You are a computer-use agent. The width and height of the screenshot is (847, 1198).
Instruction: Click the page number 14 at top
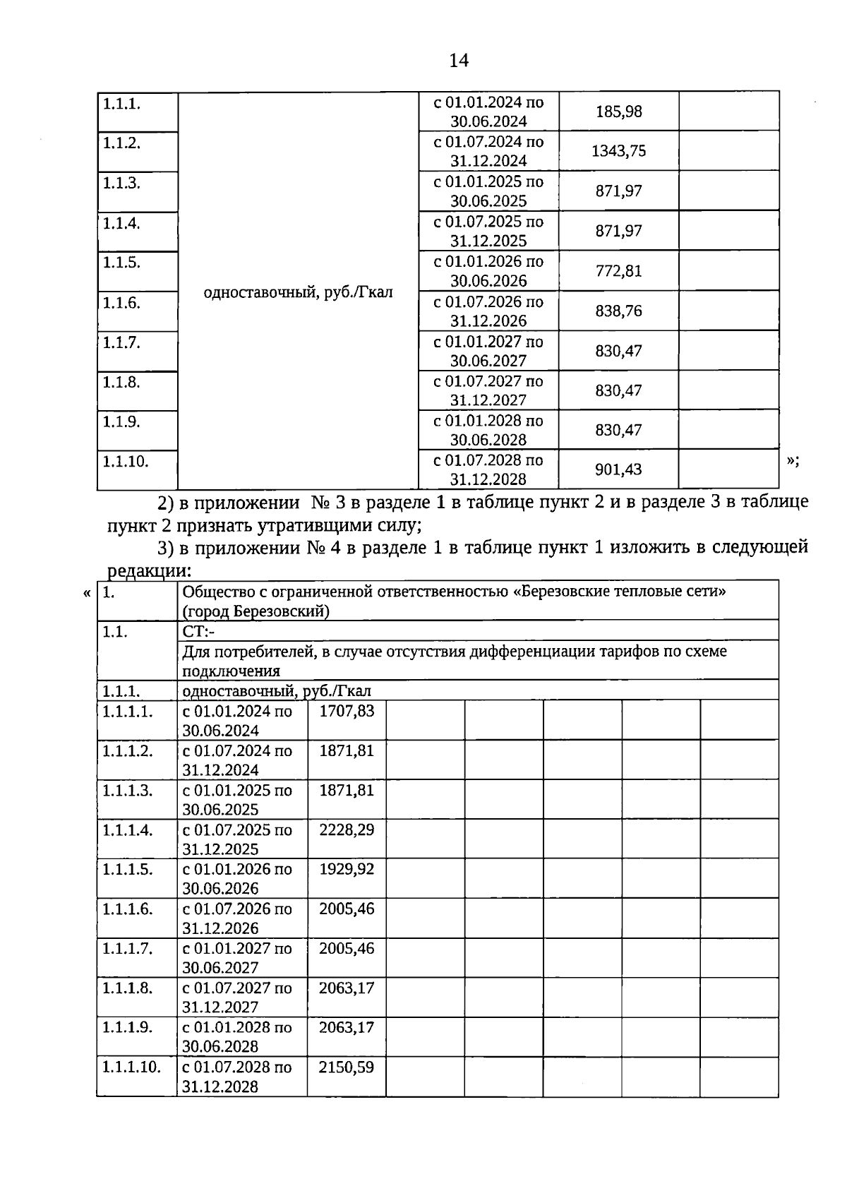(x=458, y=61)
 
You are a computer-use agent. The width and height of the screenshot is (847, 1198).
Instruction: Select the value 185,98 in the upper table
(x=618, y=112)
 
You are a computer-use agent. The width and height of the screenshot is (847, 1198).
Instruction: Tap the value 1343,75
(x=618, y=151)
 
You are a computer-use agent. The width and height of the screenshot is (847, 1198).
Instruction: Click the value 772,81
(x=618, y=271)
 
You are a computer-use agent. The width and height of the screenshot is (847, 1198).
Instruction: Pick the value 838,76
(x=618, y=311)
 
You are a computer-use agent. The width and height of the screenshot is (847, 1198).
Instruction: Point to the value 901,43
(x=618, y=469)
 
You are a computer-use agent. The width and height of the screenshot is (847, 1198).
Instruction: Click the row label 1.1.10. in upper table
(x=126, y=462)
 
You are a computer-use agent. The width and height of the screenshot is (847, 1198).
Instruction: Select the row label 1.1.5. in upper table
(x=121, y=263)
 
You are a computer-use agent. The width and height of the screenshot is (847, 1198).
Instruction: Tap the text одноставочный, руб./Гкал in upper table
(x=298, y=292)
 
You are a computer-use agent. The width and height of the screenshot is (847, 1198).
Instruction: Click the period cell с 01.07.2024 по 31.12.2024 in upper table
(x=488, y=151)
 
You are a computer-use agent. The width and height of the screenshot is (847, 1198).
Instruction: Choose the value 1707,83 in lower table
(x=347, y=711)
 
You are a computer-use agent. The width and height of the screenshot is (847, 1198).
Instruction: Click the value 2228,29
(x=347, y=829)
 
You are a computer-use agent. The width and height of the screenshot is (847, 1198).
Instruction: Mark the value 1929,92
(x=347, y=869)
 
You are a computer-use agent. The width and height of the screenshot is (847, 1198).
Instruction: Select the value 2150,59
(x=347, y=1067)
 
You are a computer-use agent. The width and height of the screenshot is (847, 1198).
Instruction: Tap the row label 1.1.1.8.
(x=127, y=988)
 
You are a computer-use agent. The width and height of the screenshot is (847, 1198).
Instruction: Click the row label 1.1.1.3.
(x=127, y=790)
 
